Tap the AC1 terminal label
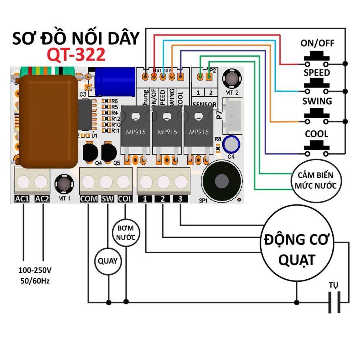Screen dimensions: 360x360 [x=23, y=199]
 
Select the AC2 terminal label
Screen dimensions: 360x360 [x=42, y=199]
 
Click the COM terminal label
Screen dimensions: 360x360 [x=88, y=199]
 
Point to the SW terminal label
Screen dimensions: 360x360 [x=108, y=199]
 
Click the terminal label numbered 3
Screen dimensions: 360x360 [x=180, y=199]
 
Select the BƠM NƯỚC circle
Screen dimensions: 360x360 [x=126, y=232]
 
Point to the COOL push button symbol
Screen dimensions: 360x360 [x=317, y=149]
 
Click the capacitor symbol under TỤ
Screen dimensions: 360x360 [x=334, y=302]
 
